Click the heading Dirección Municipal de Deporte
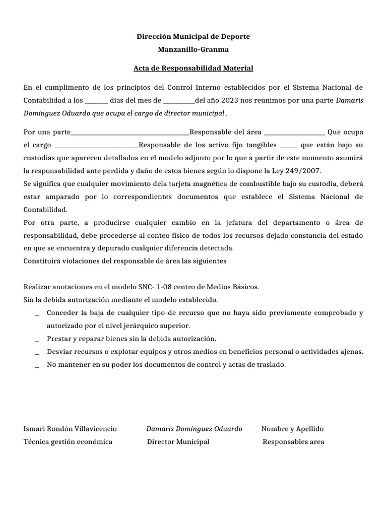193,37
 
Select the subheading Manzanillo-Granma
193,50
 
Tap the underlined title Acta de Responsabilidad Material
193,68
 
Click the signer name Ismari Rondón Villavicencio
70,429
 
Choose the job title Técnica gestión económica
68,442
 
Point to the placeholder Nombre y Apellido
293,429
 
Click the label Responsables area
294,442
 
